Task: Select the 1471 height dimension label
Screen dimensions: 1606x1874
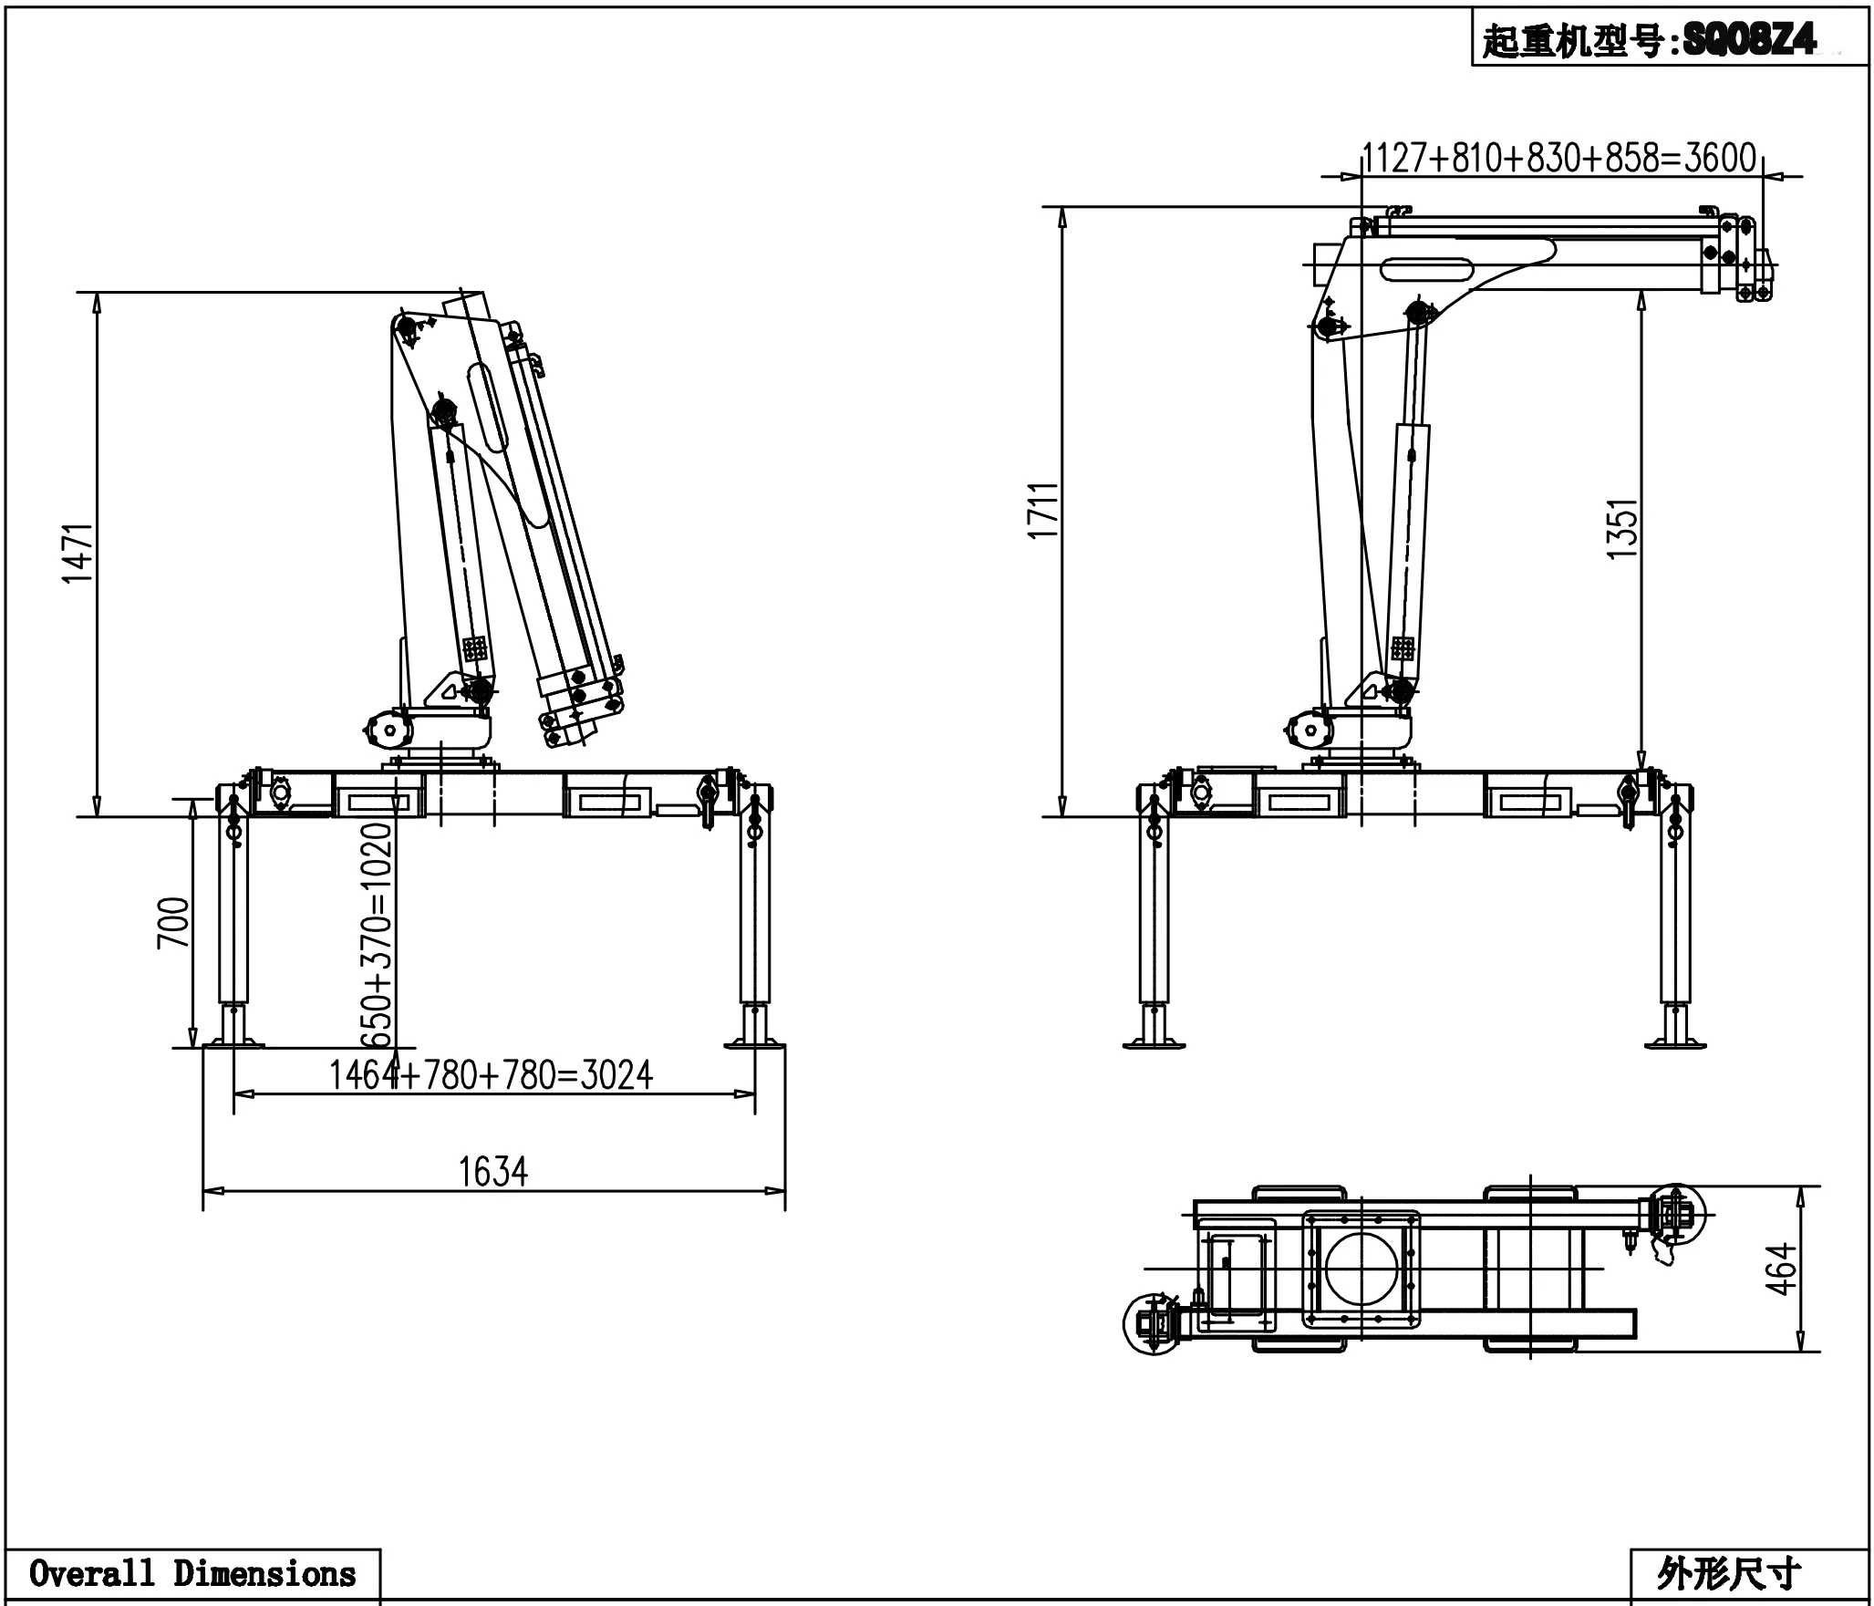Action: [78, 553]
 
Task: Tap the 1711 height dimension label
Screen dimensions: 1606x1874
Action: [1043, 511]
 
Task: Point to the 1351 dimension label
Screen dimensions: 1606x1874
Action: [1622, 529]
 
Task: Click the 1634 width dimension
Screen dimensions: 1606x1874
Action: [493, 1172]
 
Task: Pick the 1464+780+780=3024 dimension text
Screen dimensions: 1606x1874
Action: [491, 1075]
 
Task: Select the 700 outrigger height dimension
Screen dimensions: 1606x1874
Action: [174, 923]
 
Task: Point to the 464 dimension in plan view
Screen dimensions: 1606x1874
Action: [1781, 1269]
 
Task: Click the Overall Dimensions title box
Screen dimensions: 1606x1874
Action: [192, 1574]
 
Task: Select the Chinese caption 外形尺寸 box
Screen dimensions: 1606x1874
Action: [1728, 1575]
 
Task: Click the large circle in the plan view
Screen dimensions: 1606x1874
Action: [1361, 1269]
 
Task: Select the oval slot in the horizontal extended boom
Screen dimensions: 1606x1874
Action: [1427, 269]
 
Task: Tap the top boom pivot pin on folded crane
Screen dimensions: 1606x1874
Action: [407, 326]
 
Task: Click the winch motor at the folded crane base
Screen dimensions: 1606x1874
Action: [387, 730]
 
